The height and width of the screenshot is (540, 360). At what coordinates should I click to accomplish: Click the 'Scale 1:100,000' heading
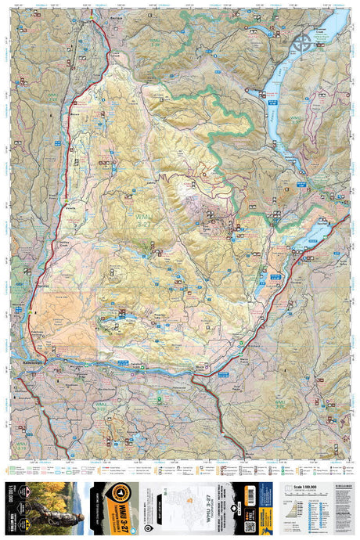click(x=304, y=486)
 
